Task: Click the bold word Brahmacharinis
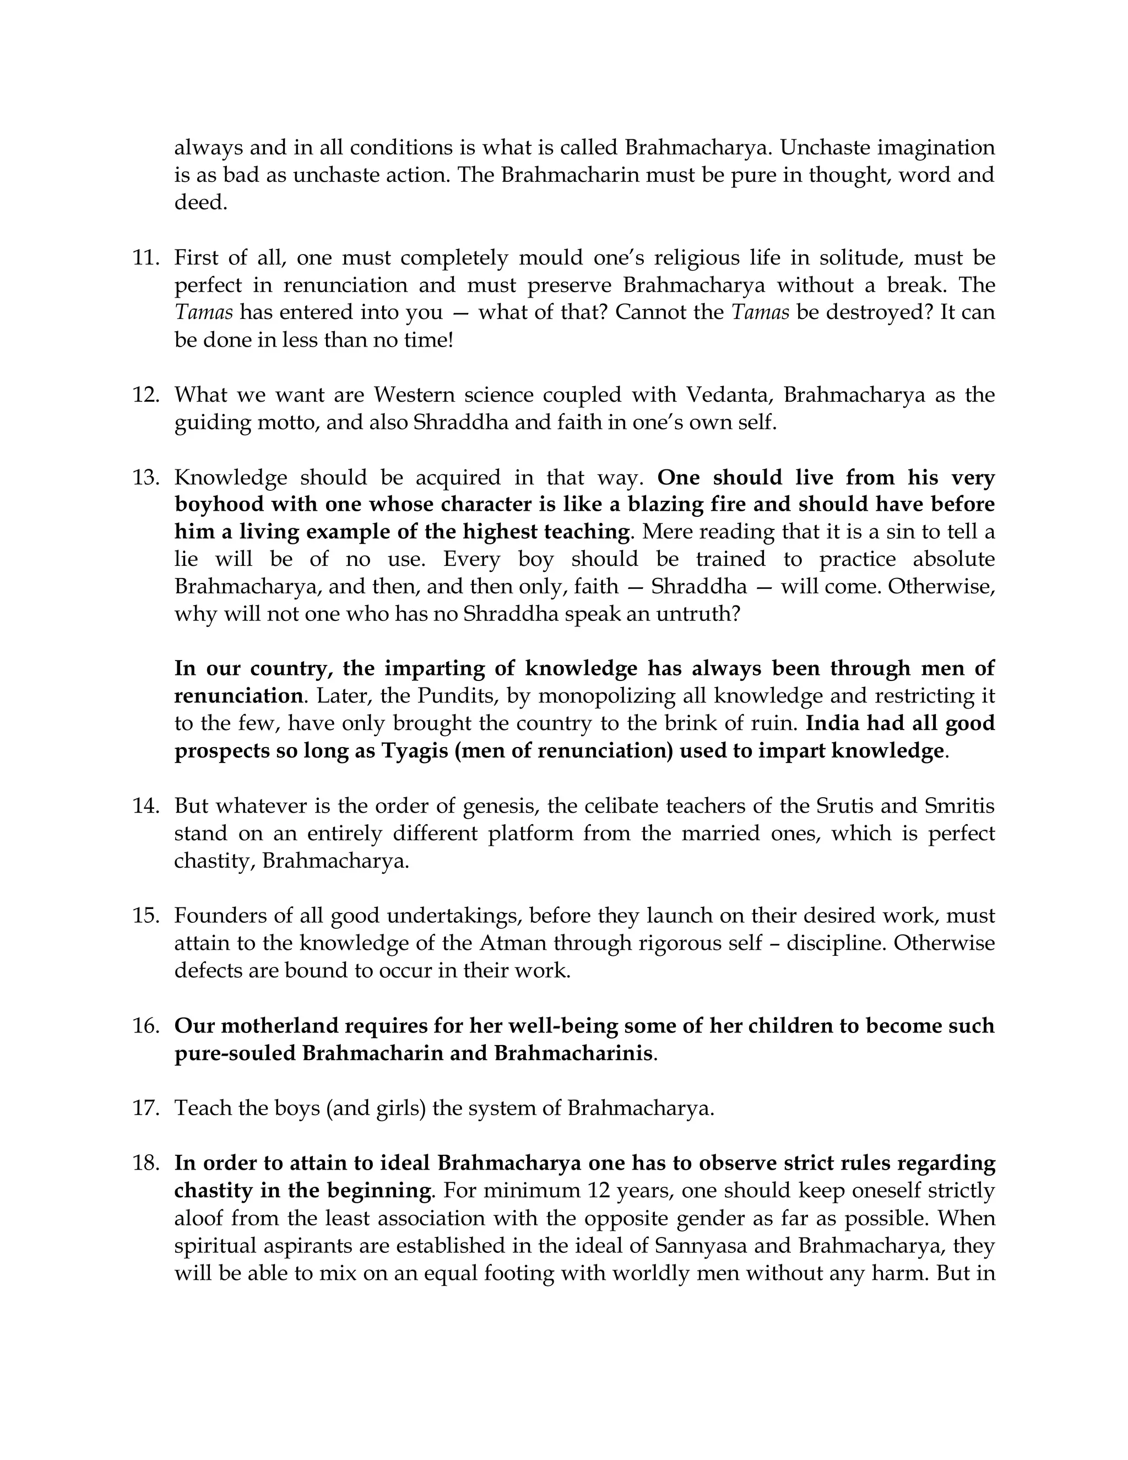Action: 573,1053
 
